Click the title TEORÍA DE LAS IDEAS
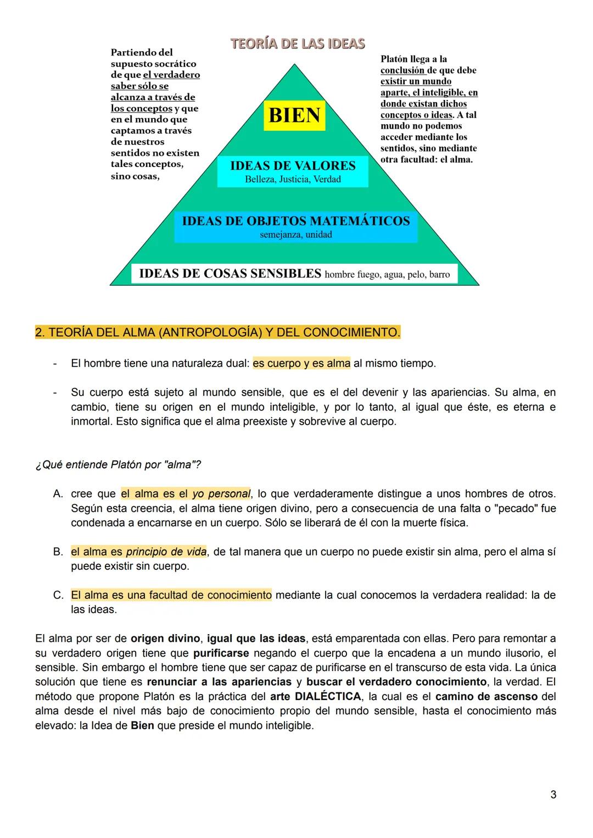pos(298,44)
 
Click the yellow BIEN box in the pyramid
pos(294,115)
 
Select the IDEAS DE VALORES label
pos(293,165)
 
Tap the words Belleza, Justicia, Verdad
pos(293,180)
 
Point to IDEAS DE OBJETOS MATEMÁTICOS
pos(295,221)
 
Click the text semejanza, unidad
pos(295,235)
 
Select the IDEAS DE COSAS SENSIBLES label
pos(230,274)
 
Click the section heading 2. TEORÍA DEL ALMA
pos(217,332)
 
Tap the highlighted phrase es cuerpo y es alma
pos(301,363)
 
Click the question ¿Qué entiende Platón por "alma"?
pos(118,465)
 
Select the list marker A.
pos(58,494)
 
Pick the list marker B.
pos(58,552)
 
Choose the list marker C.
pos(58,595)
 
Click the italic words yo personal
pos(221,494)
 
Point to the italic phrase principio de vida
pos(166,552)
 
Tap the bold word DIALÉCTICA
pos(328,697)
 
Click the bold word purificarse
pos(221,653)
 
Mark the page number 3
pos(553,795)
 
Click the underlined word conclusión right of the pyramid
pos(402,70)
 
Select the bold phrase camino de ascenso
pos(486,697)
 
